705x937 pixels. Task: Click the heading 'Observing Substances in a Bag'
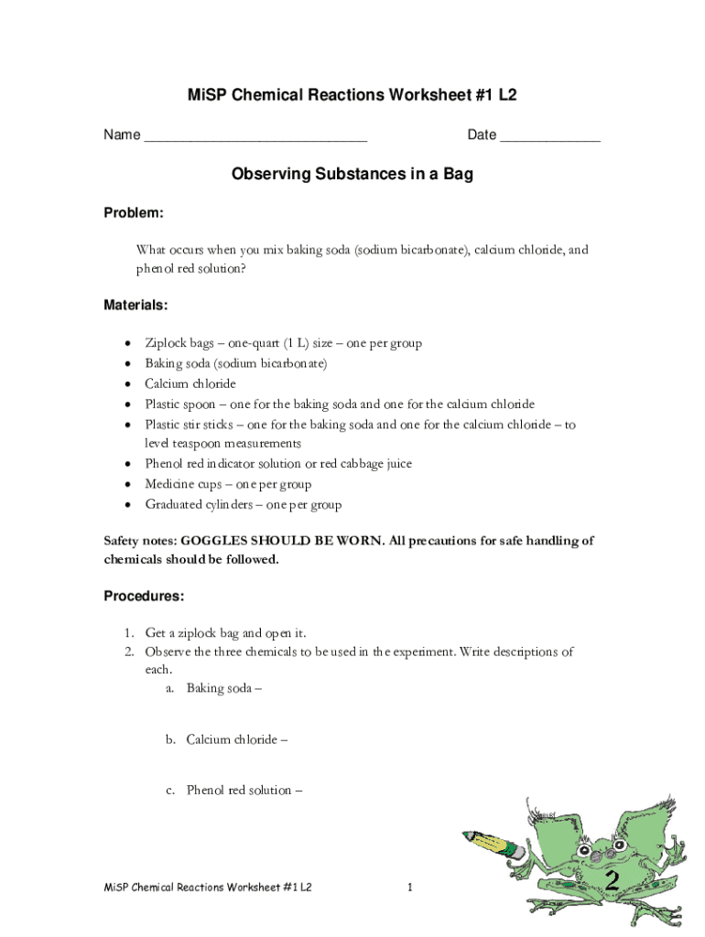point(352,174)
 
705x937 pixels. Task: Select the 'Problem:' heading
point(133,213)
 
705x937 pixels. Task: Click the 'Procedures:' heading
point(143,597)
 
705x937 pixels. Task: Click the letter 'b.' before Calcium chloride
point(171,739)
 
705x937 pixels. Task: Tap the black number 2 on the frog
point(613,881)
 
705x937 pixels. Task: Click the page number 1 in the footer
point(411,889)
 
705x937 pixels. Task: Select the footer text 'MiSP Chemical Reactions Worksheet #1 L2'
point(208,889)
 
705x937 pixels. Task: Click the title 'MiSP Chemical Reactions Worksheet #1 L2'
point(352,95)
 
